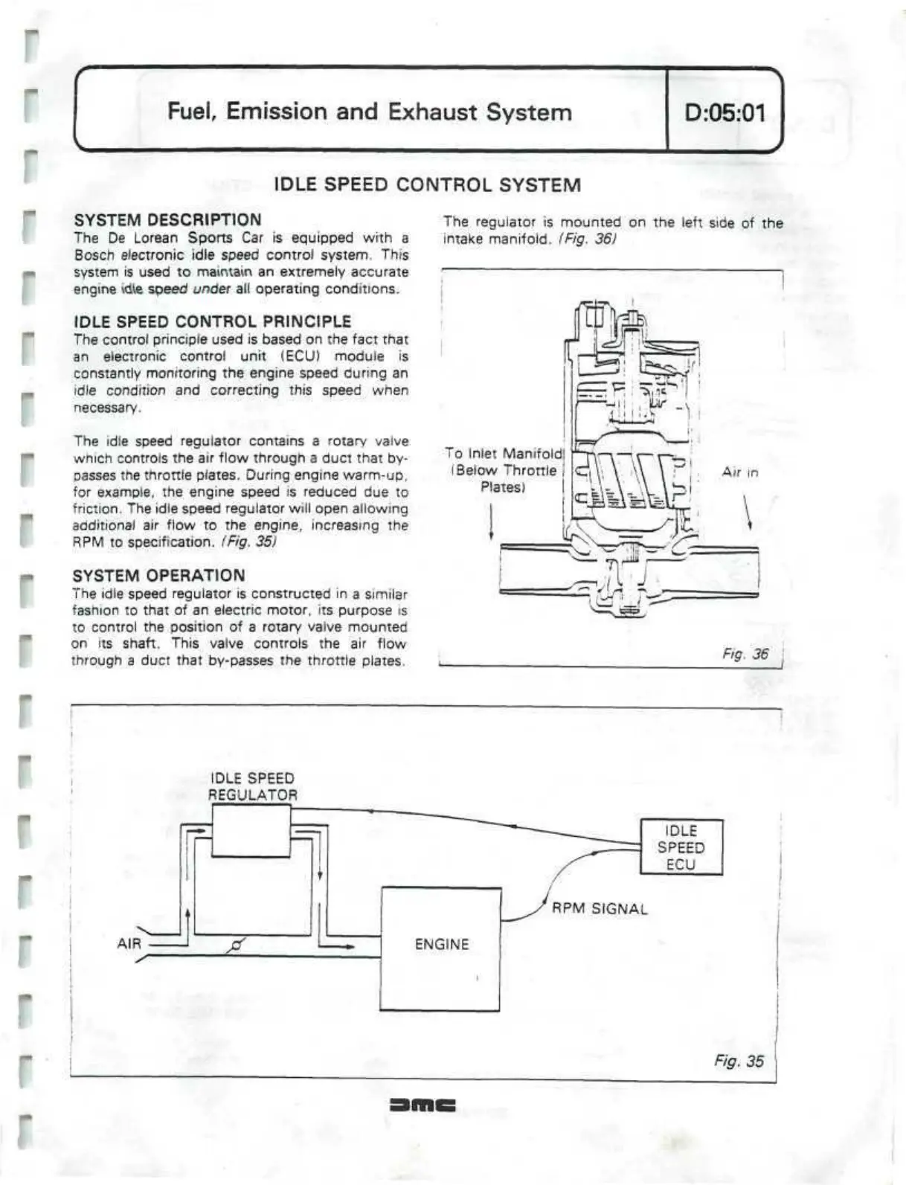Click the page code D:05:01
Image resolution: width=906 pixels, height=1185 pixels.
[725, 113]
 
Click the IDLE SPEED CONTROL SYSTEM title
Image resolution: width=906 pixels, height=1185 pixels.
[427, 184]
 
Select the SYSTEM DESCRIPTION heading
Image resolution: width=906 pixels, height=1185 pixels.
[167, 219]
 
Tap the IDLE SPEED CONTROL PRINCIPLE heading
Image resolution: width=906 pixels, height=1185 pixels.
[212, 321]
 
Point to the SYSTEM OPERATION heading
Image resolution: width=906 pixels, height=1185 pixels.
[158, 575]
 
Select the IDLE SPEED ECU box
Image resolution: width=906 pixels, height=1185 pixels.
[681, 847]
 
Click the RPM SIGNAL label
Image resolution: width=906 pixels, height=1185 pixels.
[600, 908]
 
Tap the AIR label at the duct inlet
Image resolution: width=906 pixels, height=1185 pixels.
[129, 943]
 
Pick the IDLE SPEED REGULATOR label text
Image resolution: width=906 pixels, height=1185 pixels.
[252, 786]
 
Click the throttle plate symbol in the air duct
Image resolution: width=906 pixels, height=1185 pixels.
[236, 945]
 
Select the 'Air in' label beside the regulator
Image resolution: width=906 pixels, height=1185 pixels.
[740, 472]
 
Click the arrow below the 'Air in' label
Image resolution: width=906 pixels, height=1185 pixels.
[749, 513]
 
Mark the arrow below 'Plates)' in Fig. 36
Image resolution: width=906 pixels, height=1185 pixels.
[492, 521]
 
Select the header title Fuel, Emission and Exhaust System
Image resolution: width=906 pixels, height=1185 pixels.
[370, 112]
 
